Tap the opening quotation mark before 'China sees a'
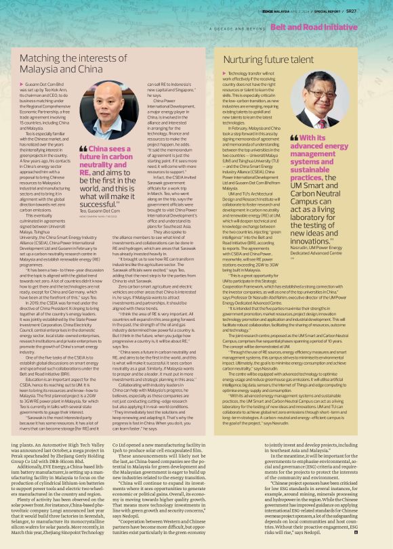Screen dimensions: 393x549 (83, 148)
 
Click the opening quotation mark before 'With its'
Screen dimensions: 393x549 (293, 137)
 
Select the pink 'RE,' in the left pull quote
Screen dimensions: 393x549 (85, 172)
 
